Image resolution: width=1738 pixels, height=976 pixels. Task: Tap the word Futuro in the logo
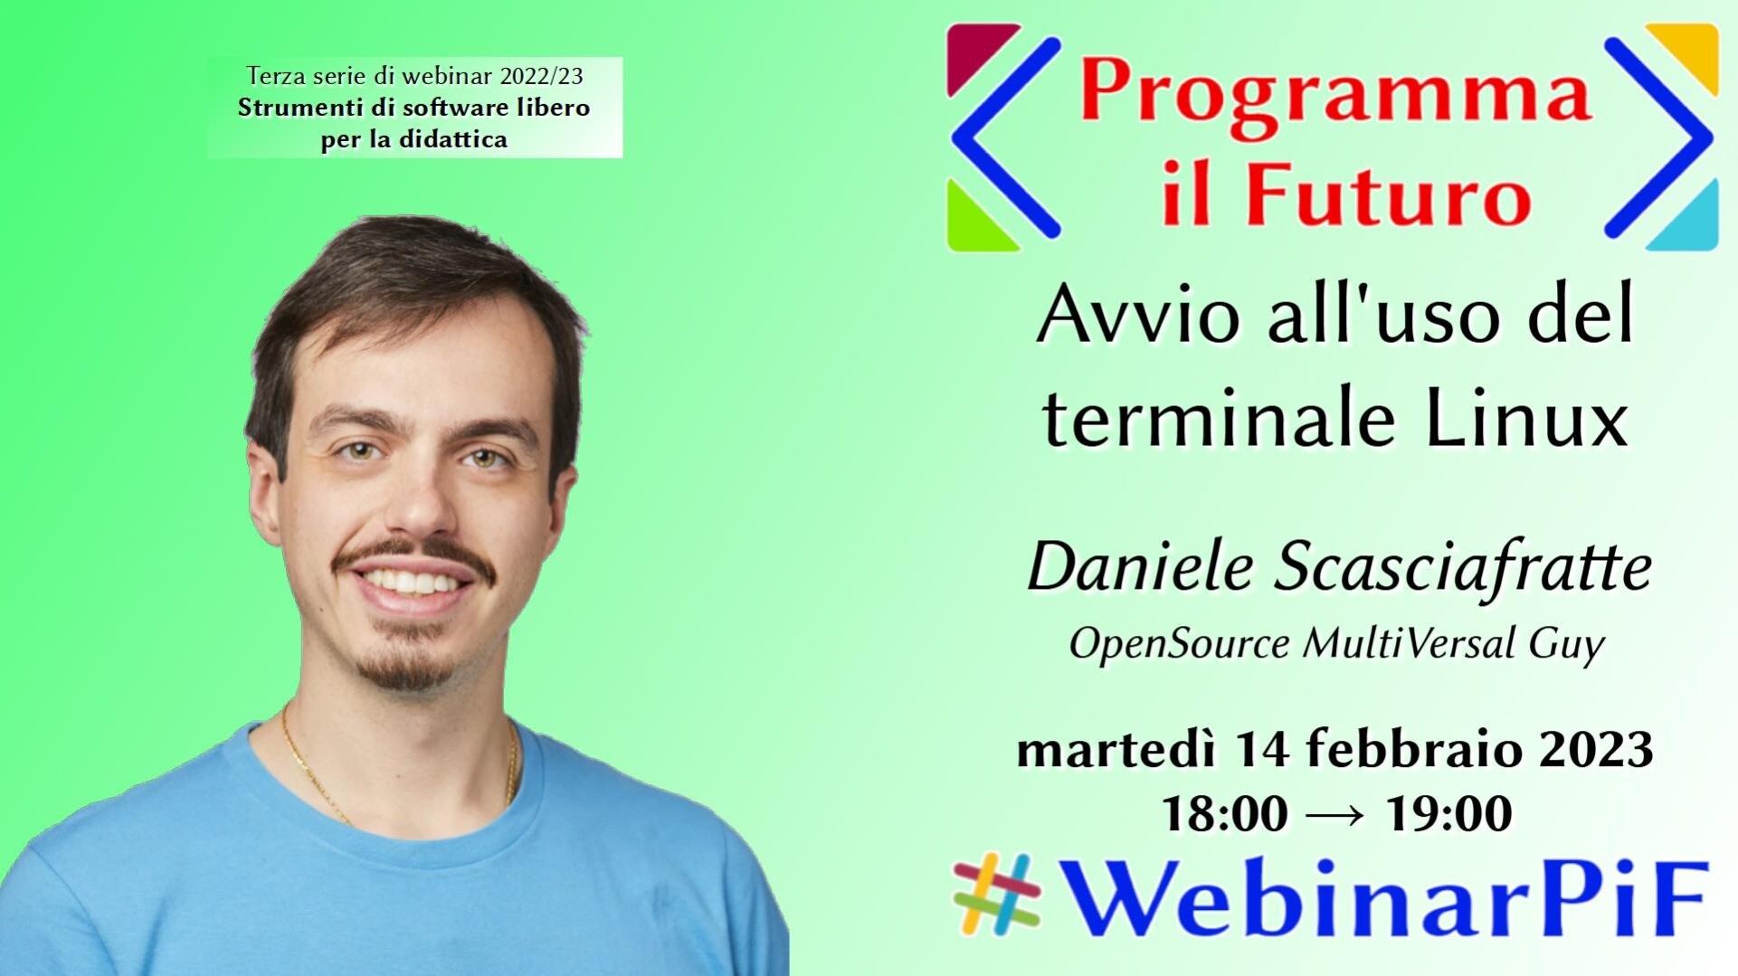(x=1390, y=194)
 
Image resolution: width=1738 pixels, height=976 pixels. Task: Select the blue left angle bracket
(x=1004, y=137)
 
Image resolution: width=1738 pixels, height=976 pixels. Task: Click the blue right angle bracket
(x=1658, y=137)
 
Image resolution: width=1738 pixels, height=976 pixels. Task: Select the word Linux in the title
(x=1526, y=418)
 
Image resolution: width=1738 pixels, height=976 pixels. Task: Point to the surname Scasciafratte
(x=1463, y=568)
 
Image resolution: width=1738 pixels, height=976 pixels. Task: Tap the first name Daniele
(x=1141, y=568)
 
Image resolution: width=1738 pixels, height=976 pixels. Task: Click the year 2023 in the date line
(x=1597, y=750)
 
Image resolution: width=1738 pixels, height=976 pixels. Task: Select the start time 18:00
(x=1224, y=813)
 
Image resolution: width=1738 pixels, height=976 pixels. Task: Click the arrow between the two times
(x=1336, y=815)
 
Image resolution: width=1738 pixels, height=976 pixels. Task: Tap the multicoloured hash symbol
(x=997, y=894)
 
